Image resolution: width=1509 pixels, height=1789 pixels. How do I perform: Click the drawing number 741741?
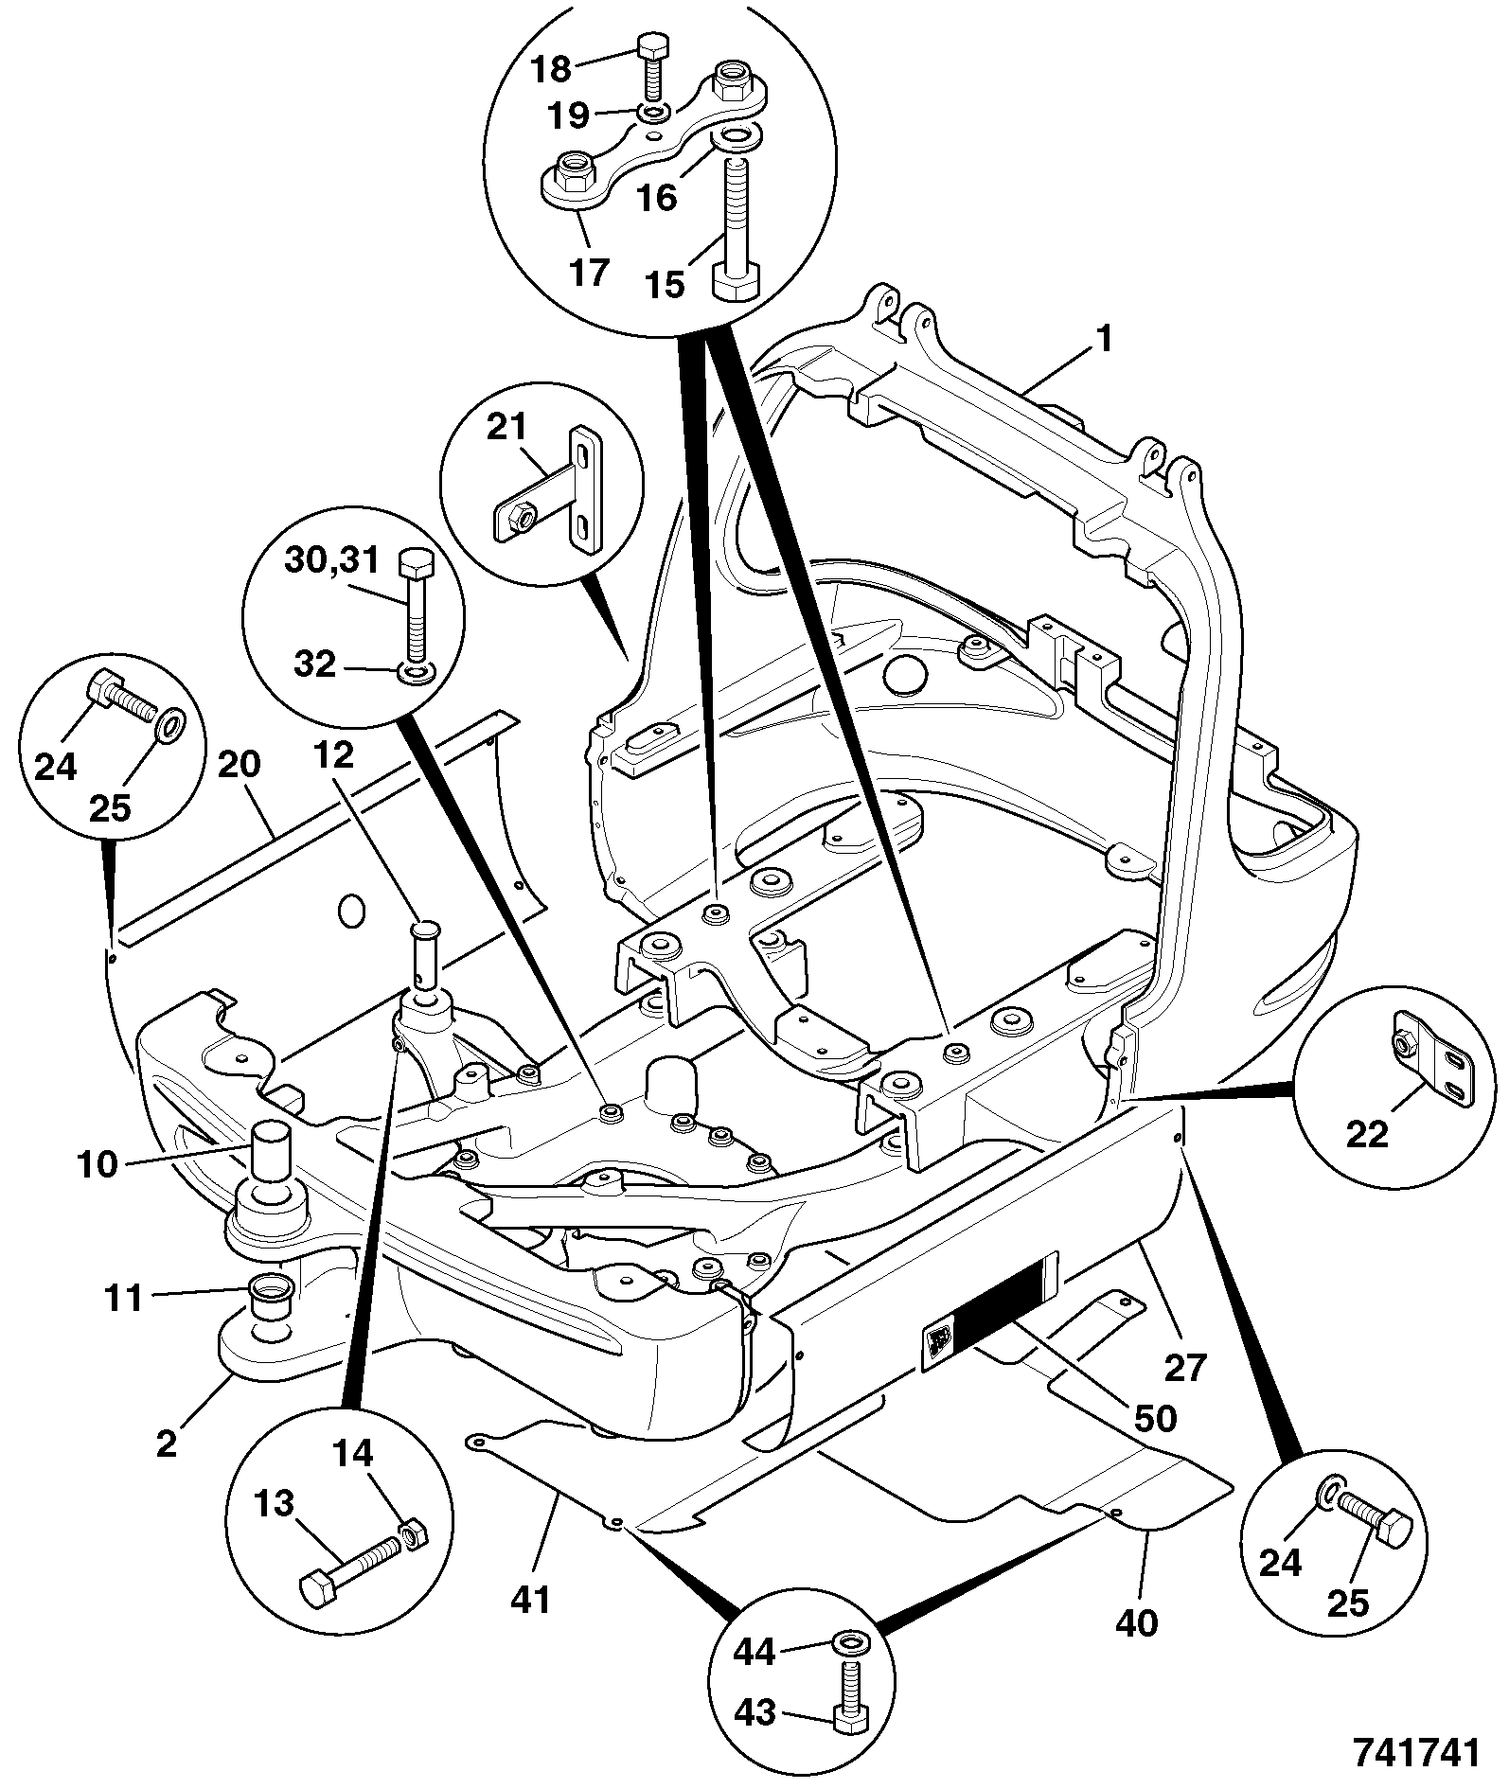click(1414, 1752)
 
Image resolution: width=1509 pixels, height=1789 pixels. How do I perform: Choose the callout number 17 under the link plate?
click(590, 273)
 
